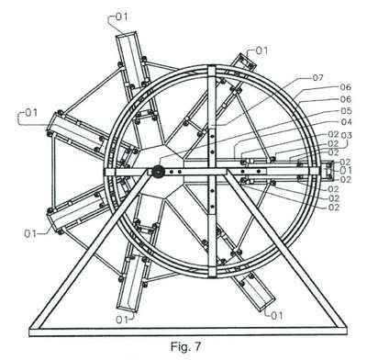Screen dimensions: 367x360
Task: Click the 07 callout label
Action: [317, 78]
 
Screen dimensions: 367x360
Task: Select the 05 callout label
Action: [346, 110]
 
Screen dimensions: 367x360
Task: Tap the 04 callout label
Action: [346, 122]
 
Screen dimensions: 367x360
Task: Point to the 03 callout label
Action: [347, 135]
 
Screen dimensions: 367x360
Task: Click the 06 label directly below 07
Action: [346, 87]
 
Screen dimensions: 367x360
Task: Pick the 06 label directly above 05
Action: [346, 99]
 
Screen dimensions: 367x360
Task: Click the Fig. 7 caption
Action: [186, 346]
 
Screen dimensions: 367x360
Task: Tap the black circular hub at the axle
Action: [158, 172]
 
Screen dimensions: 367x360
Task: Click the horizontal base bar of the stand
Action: [188, 332]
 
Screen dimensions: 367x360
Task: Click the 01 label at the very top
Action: [121, 17]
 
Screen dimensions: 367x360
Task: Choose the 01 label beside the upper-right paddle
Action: [261, 51]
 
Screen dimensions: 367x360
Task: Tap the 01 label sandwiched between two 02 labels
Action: [346, 170]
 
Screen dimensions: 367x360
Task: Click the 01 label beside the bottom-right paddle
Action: [277, 315]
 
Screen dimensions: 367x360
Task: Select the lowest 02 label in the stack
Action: [334, 208]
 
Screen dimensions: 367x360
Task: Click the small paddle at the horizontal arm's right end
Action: [328, 170]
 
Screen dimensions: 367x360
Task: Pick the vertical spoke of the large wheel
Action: [212, 172]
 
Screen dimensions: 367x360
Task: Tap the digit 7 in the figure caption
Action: [198, 346]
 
